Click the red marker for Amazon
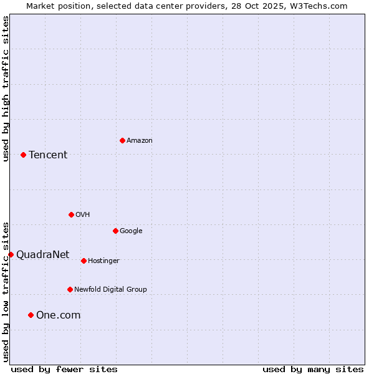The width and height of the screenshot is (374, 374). pos(122,140)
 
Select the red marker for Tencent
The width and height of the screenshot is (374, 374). pos(23,155)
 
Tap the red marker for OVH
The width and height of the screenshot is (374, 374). pos(71,214)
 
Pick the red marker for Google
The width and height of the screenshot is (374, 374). pos(115,231)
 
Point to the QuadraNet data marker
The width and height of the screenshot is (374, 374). pos(11,254)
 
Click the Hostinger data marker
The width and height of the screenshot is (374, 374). pos(84,261)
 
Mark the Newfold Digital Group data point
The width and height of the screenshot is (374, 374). pos(70,289)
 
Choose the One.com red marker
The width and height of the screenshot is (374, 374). pos(31,315)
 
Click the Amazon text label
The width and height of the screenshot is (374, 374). pos(140,141)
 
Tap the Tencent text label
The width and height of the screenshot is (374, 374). pos(48,155)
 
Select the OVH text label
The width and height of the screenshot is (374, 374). pos(83,215)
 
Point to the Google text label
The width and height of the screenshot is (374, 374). pos(131,231)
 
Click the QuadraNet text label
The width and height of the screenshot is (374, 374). pos(42,254)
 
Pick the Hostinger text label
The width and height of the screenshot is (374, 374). pos(103,261)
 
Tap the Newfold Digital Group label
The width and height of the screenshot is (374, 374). pos(110,290)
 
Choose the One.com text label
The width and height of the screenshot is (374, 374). pos(58,315)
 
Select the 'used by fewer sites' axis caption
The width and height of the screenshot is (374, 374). pos(64,370)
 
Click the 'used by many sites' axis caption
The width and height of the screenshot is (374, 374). pos(313,370)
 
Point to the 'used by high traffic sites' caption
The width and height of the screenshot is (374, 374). pos(6,89)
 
